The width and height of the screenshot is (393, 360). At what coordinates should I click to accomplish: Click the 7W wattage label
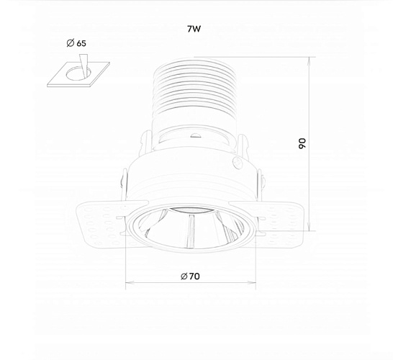pos(194,29)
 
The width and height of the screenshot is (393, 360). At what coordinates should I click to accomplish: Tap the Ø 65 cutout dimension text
pos(76,43)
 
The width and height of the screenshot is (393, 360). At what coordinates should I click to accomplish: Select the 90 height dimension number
pos(302,143)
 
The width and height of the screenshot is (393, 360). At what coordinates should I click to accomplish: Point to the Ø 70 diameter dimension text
pos(190,276)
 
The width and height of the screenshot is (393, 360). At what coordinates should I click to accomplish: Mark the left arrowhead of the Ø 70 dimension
pos(130,283)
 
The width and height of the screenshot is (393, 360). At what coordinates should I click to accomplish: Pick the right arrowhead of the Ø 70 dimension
pos(252,283)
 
